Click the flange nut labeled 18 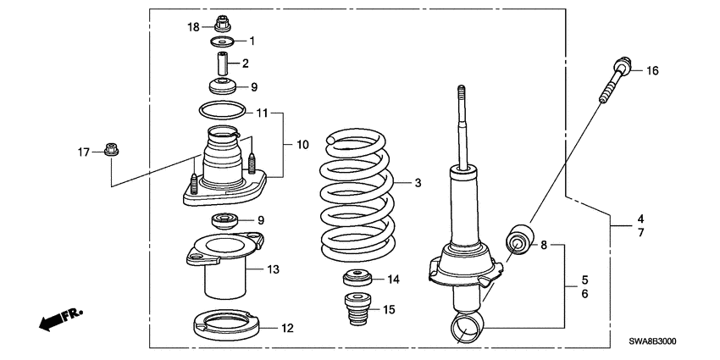tap(224, 22)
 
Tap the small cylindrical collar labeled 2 tap(224, 64)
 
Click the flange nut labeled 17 tap(110, 152)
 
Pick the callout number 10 tap(302, 146)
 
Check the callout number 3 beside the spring tap(417, 182)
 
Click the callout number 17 tap(83, 152)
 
